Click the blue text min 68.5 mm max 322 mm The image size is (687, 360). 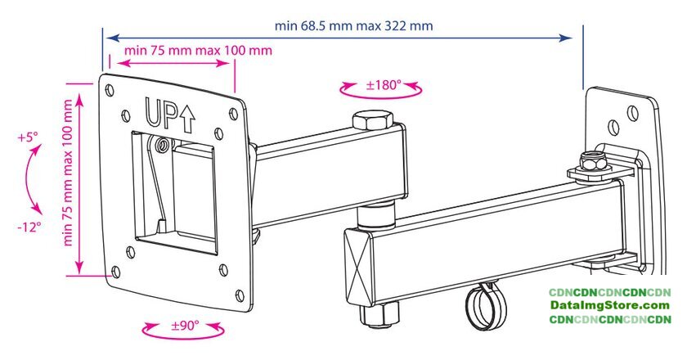coord(353,25)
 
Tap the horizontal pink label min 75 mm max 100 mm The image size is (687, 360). coord(198,50)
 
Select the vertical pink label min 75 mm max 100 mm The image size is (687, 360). coord(67,173)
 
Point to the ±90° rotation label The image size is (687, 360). coord(185,326)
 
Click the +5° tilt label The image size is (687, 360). coord(28,137)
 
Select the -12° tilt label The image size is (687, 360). coord(29,227)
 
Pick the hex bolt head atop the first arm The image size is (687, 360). coord(372,120)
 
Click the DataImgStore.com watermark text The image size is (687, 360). coord(610,305)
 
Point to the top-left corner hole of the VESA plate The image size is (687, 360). coord(110,90)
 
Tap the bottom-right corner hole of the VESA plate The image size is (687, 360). coord(240,295)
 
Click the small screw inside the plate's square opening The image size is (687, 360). coord(164,144)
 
